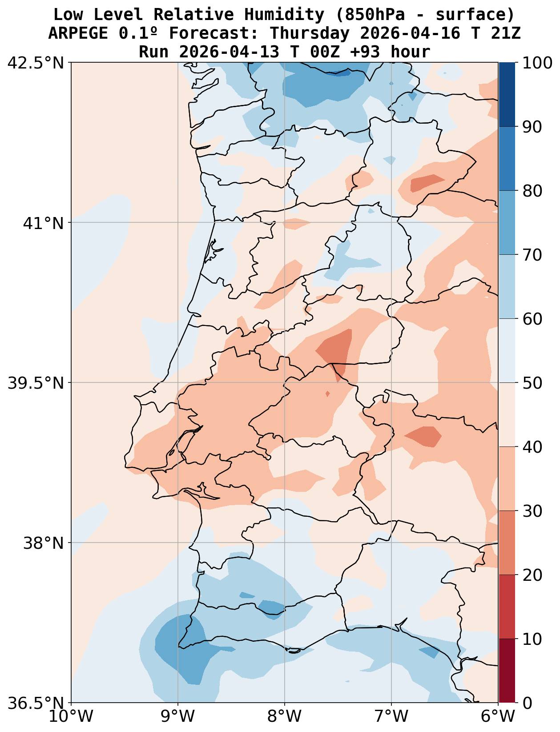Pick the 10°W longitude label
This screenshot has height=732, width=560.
point(71,716)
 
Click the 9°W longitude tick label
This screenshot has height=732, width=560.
point(178,716)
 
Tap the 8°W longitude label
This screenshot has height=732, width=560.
point(285,716)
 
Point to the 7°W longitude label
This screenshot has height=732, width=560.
point(391,716)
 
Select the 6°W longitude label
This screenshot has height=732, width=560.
point(498,716)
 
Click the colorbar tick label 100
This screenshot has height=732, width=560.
point(537,63)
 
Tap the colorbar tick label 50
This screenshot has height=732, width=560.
point(532,383)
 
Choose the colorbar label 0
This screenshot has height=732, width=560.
point(527,703)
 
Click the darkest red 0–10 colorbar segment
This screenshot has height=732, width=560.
point(507,671)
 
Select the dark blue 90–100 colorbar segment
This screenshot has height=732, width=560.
point(507,94)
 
